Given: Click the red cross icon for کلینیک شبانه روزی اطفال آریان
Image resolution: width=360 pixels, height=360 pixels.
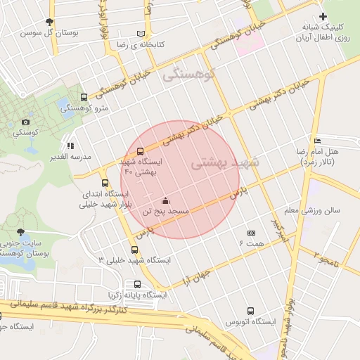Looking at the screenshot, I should (x=323, y=16).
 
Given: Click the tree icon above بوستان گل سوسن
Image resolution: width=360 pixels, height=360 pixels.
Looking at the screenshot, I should (x=49, y=22).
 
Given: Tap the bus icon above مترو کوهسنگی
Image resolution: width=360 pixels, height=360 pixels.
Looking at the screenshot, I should (x=84, y=98).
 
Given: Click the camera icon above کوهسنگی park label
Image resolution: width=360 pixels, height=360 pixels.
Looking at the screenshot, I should (x=27, y=122).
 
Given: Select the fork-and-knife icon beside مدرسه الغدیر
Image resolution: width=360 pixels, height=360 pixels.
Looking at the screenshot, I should (x=70, y=146).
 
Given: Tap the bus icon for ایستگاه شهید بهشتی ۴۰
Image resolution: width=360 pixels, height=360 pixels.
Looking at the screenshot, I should (x=140, y=150).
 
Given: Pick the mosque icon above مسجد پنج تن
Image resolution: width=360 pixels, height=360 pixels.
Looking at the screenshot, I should (x=165, y=200).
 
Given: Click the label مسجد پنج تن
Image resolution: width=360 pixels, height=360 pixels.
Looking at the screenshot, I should (x=165, y=210).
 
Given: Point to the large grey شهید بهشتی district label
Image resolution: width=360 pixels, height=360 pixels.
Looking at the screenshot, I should (x=224, y=162).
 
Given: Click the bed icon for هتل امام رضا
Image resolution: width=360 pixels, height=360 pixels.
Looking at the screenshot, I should (x=317, y=141).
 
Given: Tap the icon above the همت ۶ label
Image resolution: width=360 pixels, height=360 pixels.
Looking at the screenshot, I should (x=251, y=233).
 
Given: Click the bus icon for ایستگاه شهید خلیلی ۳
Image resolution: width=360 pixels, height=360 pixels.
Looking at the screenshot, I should (x=134, y=250).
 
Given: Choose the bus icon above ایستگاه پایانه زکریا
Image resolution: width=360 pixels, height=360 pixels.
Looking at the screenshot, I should (x=136, y=285).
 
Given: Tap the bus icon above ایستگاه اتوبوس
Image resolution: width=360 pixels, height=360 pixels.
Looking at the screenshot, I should (x=251, y=311).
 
